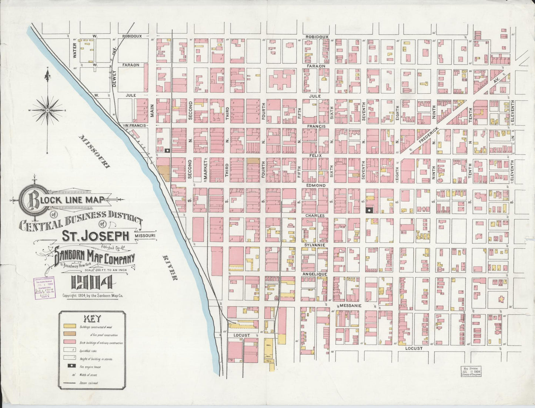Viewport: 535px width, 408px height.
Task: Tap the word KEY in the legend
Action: coord(91,318)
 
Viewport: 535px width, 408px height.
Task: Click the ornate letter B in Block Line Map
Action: coord(29,200)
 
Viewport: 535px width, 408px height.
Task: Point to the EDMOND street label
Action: coord(315,185)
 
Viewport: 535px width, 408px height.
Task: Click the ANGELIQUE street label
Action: coord(315,274)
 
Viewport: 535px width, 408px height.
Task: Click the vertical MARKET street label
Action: coord(204,170)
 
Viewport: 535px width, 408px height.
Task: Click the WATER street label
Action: coord(74,48)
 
